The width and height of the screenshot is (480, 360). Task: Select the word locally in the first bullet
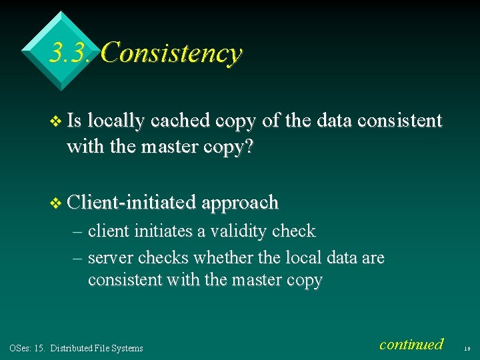pos(116,121)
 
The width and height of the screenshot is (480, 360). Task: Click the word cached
pos(179,121)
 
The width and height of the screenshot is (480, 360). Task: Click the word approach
pos(240,201)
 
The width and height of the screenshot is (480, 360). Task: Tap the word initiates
pos(171,231)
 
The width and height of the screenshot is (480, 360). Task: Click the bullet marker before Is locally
pos(55,121)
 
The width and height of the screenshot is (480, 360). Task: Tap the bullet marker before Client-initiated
pos(55,202)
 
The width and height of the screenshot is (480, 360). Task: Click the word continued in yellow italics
pos(411,344)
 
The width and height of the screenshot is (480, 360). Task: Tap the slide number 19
pos(468,348)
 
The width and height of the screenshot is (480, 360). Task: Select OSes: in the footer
pos(20,348)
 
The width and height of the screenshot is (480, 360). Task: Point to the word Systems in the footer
pos(128,348)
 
